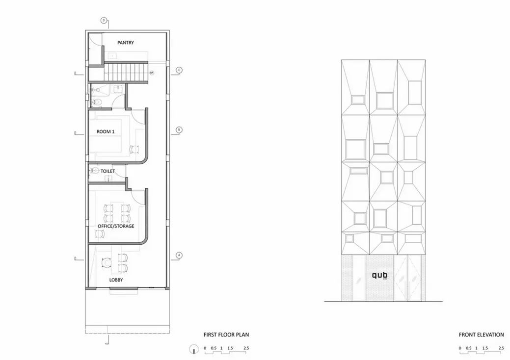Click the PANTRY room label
[126, 43]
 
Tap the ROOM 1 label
[106, 131]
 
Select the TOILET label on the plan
[107, 171]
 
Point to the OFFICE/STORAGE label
[116, 226]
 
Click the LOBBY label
[116, 280]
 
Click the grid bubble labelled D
[104, 20]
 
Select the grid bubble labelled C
[179, 70]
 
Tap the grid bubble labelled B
[179, 130]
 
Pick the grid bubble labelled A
[179, 255]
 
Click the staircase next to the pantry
[127, 72]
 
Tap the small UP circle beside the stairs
[152, 73]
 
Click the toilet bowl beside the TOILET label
[94, 171]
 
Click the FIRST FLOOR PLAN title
[226, 335]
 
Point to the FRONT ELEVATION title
[481, 335]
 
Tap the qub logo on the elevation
[379, 276]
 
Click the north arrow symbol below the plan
[194, 349]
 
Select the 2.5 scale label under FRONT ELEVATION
[501, 348]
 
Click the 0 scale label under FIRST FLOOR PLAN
[205, 348]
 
